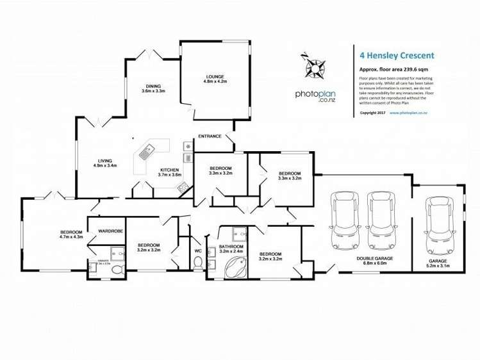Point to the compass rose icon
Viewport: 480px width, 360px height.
(x=315, y=65)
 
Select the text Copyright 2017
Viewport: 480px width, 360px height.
(x=372, y=112)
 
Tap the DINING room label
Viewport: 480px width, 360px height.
(x=153, y=86)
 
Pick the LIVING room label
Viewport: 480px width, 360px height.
(x=104, y=161)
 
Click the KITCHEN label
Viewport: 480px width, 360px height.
(x=170, y=170)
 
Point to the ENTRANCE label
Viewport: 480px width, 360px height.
(x=210, y=136)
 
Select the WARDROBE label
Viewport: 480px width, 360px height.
(x=110, y=230)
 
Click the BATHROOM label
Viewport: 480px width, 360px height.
(x=231, y=247)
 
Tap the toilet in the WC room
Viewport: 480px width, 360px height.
(x=198, y=263)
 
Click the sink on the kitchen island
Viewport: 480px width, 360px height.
(x=146, y=152)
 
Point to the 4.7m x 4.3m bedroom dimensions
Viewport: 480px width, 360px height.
(x=72, y=237)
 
